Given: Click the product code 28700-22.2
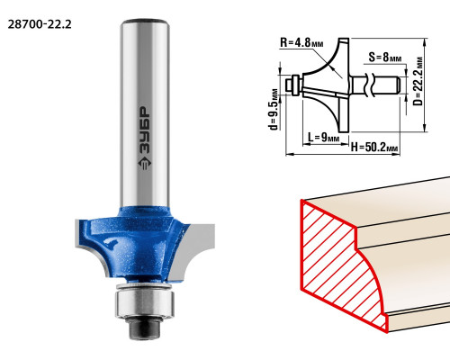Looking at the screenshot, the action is click(40, 24).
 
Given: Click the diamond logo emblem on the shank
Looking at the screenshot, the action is click(145, 164).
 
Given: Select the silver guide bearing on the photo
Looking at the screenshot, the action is click(145, 301).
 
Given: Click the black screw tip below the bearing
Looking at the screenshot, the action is click(144, 328).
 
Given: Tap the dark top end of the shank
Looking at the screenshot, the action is click(144, 22).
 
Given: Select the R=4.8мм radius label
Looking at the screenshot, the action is click(301, 42).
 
